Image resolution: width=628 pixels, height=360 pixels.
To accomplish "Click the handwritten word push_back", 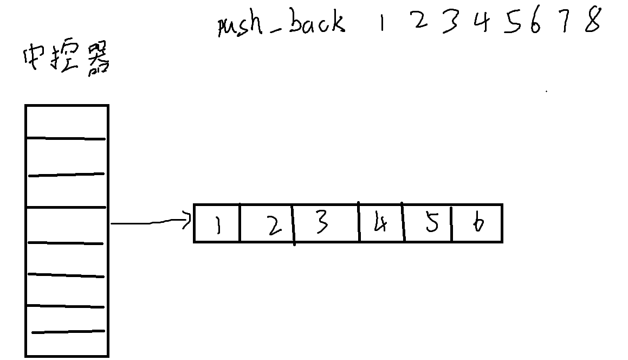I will pos(281,24).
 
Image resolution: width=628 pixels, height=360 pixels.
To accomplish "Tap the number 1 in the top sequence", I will pos(381,24).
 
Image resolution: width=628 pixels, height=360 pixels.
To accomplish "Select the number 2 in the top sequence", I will pos(420,22).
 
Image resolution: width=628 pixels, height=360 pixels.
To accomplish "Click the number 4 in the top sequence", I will pos(480,23).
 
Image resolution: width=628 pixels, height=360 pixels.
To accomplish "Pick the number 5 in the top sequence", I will pos(512,23).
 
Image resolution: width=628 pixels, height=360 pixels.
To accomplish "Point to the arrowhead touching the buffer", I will pos(189,220).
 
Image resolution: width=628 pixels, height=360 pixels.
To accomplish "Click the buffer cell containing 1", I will pos(217,223).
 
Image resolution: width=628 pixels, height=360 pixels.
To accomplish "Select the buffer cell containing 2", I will pos(266,223).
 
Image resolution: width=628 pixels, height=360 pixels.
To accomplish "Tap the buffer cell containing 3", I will pos(326,223).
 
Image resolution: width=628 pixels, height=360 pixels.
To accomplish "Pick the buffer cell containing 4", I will pos(381,223).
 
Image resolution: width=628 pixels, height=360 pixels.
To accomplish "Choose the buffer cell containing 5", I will pos(428,223).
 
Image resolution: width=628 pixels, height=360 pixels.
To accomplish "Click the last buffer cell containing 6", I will pos(477,223).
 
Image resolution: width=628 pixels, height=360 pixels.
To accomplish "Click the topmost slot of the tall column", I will pos(66,122).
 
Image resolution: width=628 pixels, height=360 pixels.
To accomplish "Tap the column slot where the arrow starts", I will pos(66,225).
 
